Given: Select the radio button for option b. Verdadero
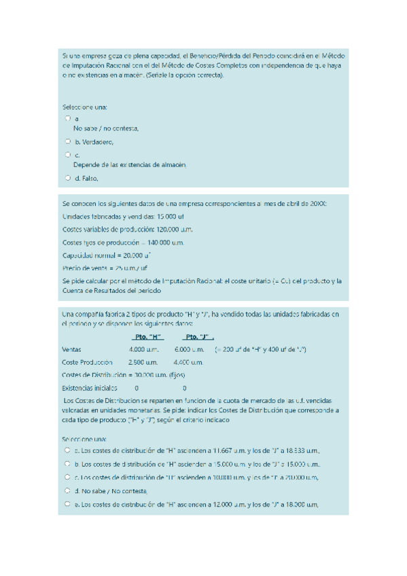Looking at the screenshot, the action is pyautogui.click(x=68, y=141).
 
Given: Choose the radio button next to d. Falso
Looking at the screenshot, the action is pyautogui.click(x=68, y=178).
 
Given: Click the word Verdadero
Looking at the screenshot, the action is pyautogui.click(x=98, y=142).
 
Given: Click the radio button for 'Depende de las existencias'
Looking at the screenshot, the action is pyautogui.click(x=68, y=155).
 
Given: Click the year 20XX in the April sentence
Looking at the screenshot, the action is pyautogui.click(x=317, y=203).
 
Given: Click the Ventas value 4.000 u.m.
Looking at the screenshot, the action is pyautogui.click(x=143, y=349).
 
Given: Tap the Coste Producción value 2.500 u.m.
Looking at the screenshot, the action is pyautogui.click(x=143, y=362).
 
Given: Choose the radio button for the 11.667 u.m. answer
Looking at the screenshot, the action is pyautogui.click(x=68, y=450).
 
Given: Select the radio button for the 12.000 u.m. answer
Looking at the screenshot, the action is pyautogui.click(x=68, y=503).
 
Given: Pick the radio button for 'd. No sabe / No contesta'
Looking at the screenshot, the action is pyautogui.click(x=68, y=490).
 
